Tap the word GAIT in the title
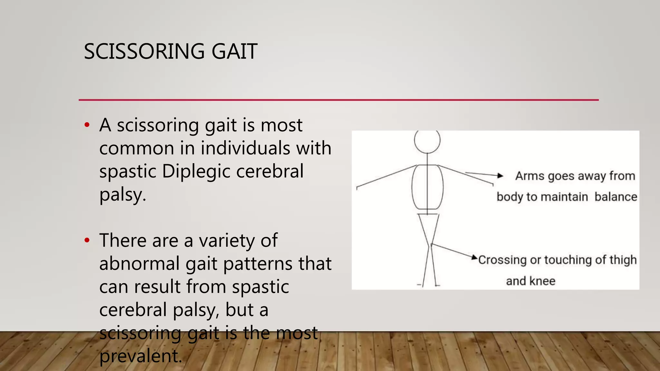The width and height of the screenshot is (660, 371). (234, 52)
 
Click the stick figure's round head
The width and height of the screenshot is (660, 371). (427, 141)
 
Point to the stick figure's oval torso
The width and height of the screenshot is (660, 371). (427, 187)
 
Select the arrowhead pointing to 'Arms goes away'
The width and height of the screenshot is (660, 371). (500, 176)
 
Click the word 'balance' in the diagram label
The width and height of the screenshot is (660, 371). (616, 197)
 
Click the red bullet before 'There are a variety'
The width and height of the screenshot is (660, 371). (87, 240)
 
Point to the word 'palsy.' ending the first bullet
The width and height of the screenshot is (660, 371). (122, 195)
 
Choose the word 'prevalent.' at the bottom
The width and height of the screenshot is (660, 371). (141, 356)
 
